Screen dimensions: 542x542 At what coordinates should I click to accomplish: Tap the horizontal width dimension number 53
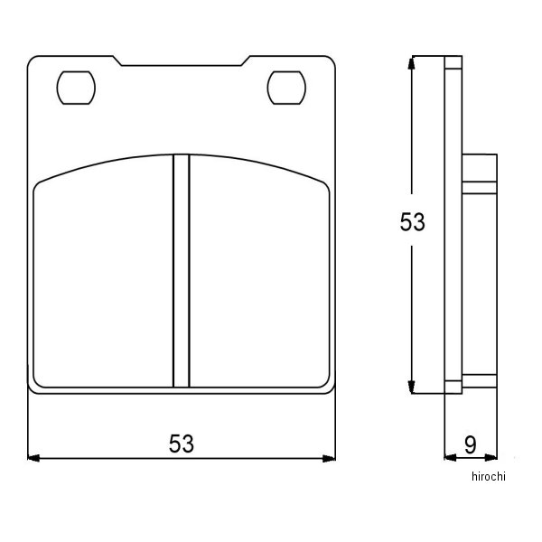(182, 444)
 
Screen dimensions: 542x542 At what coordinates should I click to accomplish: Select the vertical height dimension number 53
(413, 222)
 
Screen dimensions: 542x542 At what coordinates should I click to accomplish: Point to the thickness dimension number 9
(470, 444)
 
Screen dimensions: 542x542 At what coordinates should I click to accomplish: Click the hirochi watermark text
(489, 477)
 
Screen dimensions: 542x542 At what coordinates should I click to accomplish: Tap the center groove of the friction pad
(182, 271)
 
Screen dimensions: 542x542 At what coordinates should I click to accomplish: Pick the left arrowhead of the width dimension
(33, 458)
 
